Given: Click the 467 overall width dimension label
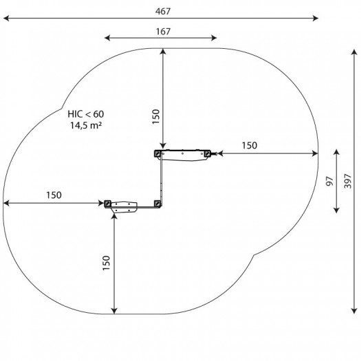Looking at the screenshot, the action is point(163,11).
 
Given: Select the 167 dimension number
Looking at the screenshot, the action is point(163,32).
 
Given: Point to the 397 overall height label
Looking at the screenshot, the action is point(348,182).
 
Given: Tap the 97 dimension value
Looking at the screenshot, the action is point(330,181).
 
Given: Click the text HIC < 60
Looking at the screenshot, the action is point(86,114).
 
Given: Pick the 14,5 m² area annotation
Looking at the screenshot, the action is point(86,125).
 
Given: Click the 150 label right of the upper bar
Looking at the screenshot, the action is point(250,146).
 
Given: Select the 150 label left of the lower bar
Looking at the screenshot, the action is point(54,195).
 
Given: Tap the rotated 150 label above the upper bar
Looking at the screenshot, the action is point(156,117).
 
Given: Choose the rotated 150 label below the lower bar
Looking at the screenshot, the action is point(107,263).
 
